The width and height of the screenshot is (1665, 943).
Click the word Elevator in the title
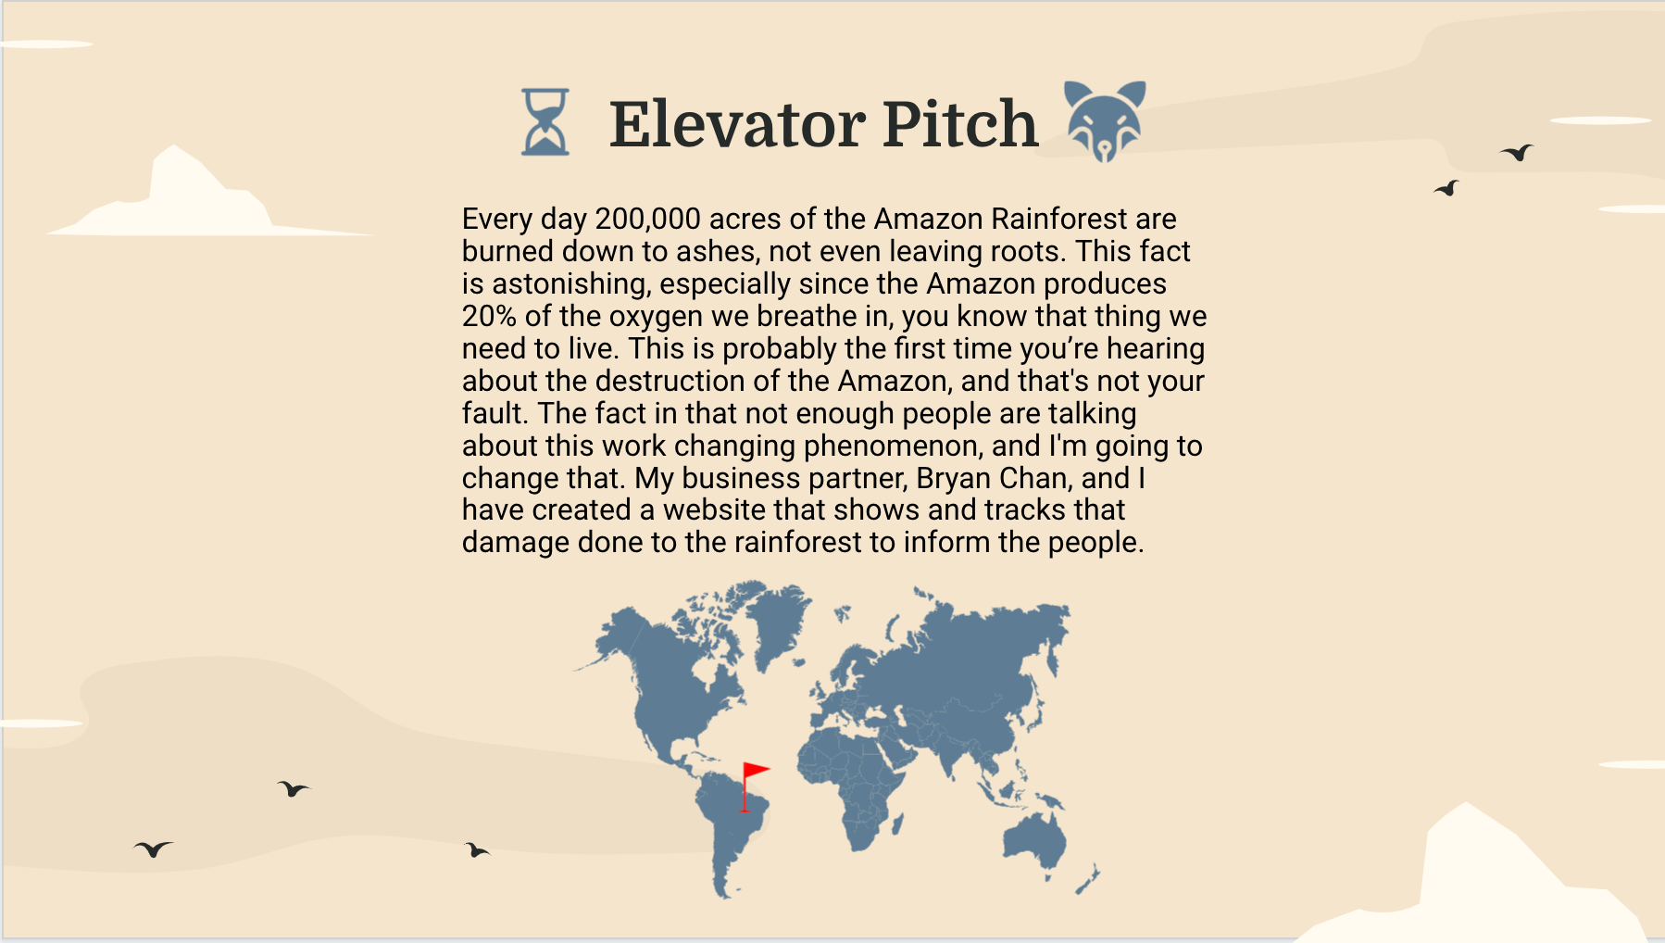[x=738, y=124]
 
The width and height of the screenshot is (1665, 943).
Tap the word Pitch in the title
[x=959, y=124]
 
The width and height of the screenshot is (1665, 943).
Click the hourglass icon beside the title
[x=545, y=121]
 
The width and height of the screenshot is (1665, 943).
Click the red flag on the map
[x=754, y=773]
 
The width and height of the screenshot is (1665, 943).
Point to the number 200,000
[x=647, y=220]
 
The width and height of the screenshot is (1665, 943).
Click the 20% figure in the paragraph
[x=489, y=317]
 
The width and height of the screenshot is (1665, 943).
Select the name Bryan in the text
[x=953, y=479]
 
